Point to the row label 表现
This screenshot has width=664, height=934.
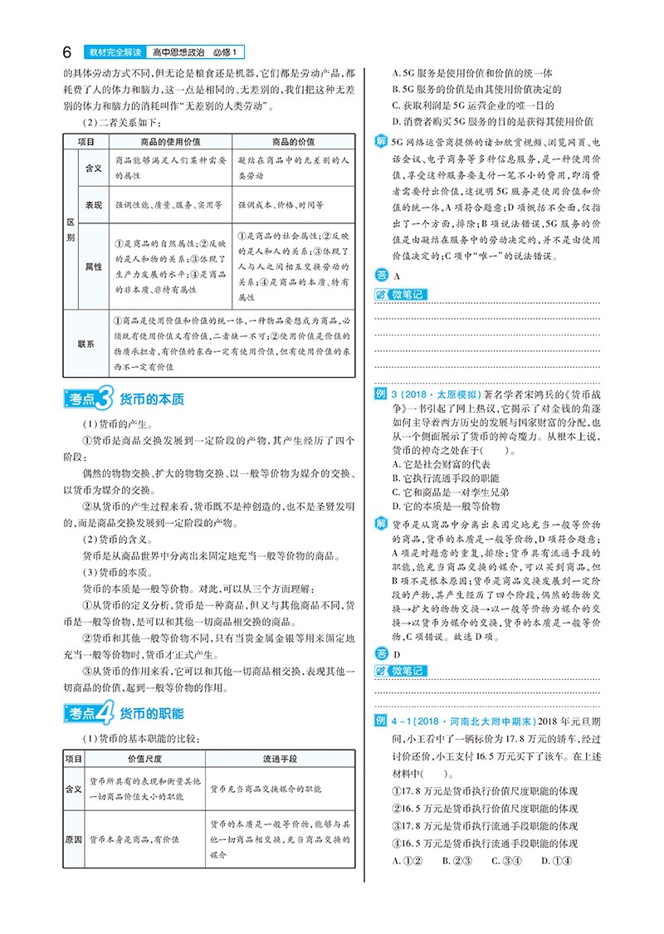tap(93, 203)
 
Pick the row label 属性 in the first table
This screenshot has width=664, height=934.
tap(93, 267)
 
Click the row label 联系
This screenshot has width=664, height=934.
tap(85, 342)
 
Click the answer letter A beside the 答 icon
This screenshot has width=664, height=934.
tap(398, 275)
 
